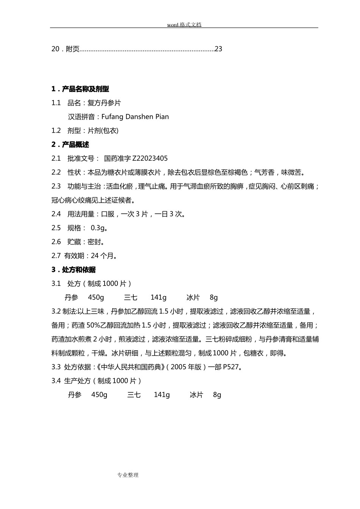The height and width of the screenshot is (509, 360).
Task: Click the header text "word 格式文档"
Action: coord(184,25)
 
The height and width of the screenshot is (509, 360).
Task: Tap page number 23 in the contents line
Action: coord(219,49)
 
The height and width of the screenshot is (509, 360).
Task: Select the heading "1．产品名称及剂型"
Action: coord(80,89)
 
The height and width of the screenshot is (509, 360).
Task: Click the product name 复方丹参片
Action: coord(104,103)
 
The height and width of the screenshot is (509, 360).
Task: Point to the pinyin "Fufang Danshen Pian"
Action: coord(135,117)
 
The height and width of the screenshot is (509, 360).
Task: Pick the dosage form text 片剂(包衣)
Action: coord(103,131)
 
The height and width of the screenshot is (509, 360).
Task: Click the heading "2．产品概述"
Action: coord(70,145)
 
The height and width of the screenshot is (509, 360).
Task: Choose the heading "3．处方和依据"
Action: coord(74,270)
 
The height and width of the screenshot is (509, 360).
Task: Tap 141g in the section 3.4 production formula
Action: coord(162,395)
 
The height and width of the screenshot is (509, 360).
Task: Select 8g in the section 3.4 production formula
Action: coord(217,395)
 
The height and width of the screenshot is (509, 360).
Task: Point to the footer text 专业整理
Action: coord(128,475)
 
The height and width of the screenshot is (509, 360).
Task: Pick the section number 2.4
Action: coord(56,214)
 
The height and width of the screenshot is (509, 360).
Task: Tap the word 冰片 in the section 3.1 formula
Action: coord(193,298)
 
